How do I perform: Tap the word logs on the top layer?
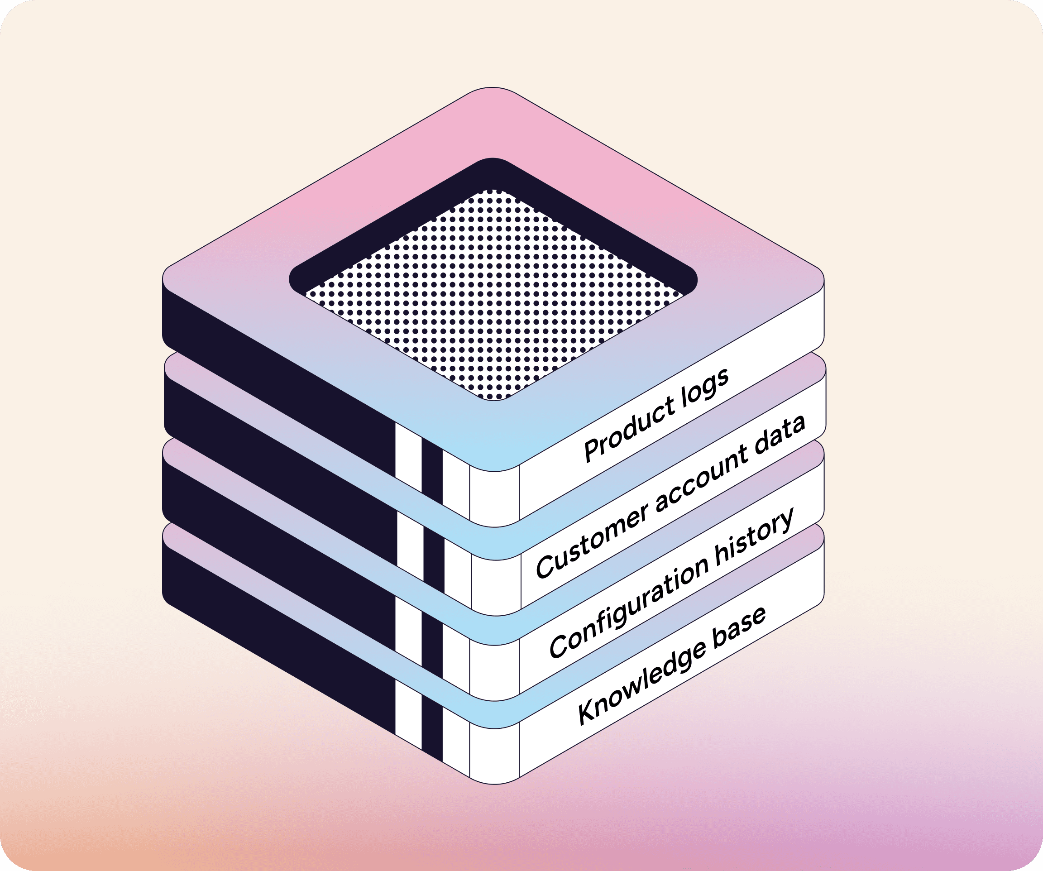click(704, 386)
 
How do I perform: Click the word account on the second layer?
click(700, 481)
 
